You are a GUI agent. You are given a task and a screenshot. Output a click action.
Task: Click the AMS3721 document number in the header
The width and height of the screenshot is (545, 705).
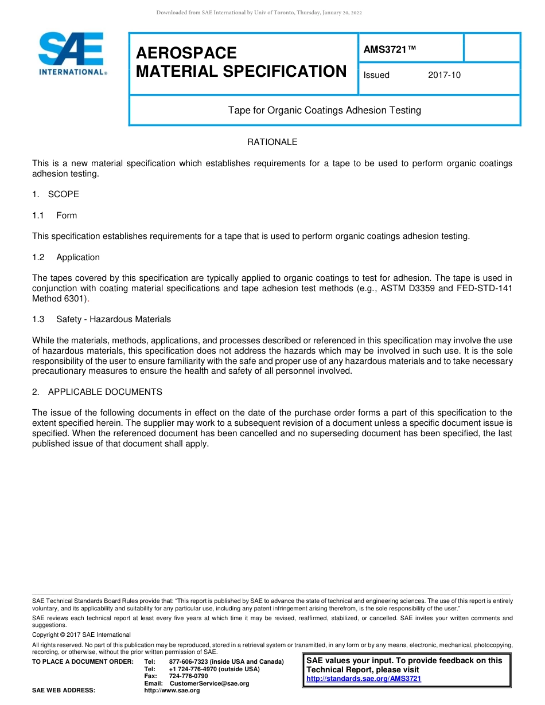point(390,50)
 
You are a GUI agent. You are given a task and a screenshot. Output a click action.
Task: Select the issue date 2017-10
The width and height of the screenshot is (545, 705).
point(444,75)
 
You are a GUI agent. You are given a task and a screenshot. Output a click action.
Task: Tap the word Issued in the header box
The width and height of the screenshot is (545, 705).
point(376,75)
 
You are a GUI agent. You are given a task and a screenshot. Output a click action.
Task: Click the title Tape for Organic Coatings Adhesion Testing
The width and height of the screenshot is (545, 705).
point(324,110)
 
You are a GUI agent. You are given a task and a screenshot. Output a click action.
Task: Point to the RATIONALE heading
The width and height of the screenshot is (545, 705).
point(272,142)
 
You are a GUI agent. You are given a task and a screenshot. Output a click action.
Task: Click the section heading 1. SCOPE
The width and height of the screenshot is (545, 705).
point(56,194)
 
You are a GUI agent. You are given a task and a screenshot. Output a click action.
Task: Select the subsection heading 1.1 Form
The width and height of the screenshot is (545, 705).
point(55,216)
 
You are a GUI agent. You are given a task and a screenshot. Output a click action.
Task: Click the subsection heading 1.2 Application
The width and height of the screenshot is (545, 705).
point(66,257)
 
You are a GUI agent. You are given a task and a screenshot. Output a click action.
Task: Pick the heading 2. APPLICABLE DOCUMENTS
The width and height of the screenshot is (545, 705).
point(97,392)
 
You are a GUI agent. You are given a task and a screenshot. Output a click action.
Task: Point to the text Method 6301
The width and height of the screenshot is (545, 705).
point(60,299)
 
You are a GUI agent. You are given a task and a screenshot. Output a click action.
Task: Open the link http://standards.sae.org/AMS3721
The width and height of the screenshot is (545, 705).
point(364,679)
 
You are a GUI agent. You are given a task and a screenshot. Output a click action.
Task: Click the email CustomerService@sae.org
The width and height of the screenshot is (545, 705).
point(209,683)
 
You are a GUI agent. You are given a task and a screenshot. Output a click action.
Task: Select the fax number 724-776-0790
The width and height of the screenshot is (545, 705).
point(188,676)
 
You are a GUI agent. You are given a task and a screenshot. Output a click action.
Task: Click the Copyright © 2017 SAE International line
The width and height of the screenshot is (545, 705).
point(81,634)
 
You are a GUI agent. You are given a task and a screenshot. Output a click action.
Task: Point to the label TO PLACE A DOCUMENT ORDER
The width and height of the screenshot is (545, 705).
point(83,662)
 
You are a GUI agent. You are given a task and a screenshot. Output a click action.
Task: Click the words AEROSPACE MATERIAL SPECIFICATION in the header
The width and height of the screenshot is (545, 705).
point(241,62)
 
